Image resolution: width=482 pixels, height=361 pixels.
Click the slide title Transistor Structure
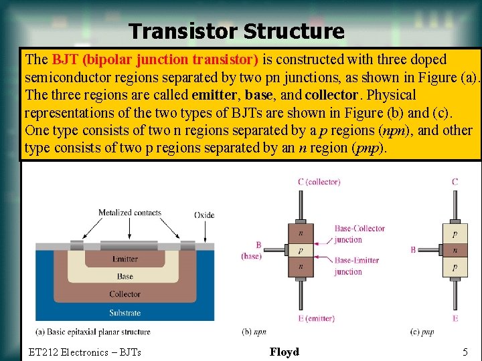point(236,31)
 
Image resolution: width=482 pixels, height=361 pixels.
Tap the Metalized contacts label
point(130,213)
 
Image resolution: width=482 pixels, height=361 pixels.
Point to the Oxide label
point(204,215)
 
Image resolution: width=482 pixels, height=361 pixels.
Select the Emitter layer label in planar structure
point(125,259)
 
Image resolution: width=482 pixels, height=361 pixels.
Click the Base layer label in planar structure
point(125,276)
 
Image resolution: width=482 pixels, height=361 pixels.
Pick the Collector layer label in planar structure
point(125,294)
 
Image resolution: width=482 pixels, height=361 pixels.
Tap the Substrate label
point(125,312)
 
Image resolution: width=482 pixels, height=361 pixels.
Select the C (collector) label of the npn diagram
point(319,182)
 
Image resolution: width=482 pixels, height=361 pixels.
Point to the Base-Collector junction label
point(359,234)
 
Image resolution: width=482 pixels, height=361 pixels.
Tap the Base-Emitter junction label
point(358,266)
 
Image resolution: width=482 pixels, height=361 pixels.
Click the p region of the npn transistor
point(301,250)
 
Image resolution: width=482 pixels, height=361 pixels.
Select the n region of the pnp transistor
point(455,250)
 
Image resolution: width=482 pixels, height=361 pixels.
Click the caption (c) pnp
point(421,332)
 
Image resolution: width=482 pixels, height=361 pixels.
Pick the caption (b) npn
point(254,332)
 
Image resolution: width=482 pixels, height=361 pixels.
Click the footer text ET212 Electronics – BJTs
point(85,352)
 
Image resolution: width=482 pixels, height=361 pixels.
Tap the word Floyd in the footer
point(285,352)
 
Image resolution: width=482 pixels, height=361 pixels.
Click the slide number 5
point(465,352)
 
